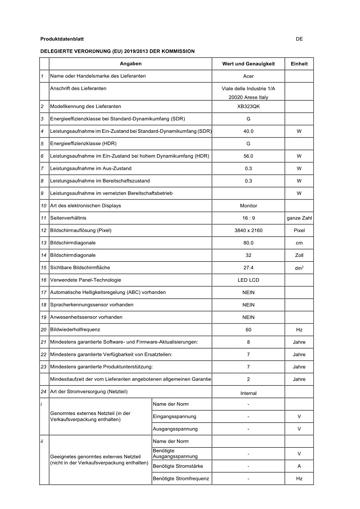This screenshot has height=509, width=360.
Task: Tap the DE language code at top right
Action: click(299, 39)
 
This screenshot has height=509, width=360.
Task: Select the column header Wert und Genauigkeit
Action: click(248, 64)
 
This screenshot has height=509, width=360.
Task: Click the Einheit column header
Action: click(299, 64)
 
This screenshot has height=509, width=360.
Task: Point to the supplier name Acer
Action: click(248, 76)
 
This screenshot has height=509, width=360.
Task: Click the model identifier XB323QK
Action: click(248, 106)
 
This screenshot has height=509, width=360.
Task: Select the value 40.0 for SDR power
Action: click(248, 131)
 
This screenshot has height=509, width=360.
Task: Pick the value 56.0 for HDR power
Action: click(248, 156)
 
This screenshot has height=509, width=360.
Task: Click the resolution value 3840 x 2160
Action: click(248, 230)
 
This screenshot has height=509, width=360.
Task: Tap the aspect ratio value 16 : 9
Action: click(248, 218)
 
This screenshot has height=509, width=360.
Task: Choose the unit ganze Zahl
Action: click(299, 218)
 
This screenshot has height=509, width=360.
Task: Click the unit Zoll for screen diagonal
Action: click(299, 255)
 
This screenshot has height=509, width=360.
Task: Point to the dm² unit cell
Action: click(299, 268)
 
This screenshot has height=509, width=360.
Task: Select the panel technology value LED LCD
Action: click(248, 280)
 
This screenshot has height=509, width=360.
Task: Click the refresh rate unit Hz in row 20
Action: click(299, 330)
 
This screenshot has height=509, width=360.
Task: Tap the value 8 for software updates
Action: click(248, 342)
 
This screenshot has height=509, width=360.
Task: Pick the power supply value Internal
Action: click(248, 393)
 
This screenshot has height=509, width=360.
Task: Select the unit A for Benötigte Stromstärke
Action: click(299, 466)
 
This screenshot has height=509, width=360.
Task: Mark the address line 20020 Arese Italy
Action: click(248, 97)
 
